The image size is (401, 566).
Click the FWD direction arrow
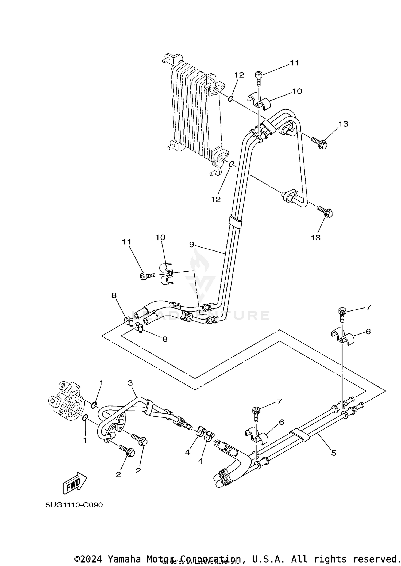(75, 483)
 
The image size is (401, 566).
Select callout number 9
(191, 245)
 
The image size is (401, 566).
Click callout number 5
(333, 453)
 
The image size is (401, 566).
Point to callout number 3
(130, 383)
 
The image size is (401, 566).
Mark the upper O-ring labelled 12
(230, 99)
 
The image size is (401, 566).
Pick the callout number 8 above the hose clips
(114, 295)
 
